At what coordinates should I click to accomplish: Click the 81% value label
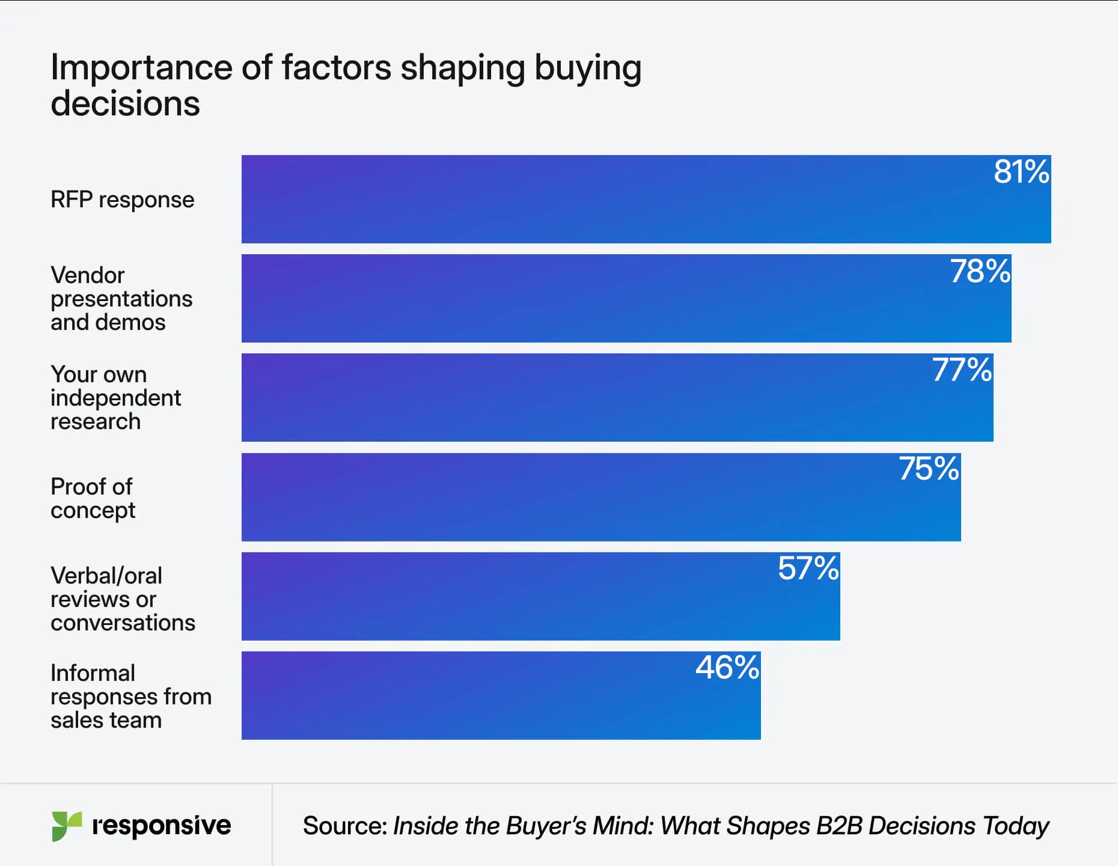tap(1021, 172)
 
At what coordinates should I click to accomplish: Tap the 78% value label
tap(980, 272)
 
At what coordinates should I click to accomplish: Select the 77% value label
tap(961, 370)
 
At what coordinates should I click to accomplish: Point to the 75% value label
tap(929, 469)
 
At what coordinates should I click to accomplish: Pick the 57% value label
tap(808, 569)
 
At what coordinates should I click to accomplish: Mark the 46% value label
tap(727, 668)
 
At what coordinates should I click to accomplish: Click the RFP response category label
tap(122, 200)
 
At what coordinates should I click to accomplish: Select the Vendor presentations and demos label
tap(121, 299)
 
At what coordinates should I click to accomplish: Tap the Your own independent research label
tap(115, 398)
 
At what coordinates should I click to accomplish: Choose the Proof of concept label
tap(93, 498)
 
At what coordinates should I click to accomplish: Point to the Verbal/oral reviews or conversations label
tap(123, 599)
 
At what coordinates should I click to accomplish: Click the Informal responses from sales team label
tap(130, 697)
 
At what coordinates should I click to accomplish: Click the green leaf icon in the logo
tap(66, 826)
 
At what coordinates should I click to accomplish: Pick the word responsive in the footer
tap(161, 826)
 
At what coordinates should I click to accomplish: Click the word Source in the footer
tap(344, 826)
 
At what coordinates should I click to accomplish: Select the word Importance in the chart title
tap(141, 67)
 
